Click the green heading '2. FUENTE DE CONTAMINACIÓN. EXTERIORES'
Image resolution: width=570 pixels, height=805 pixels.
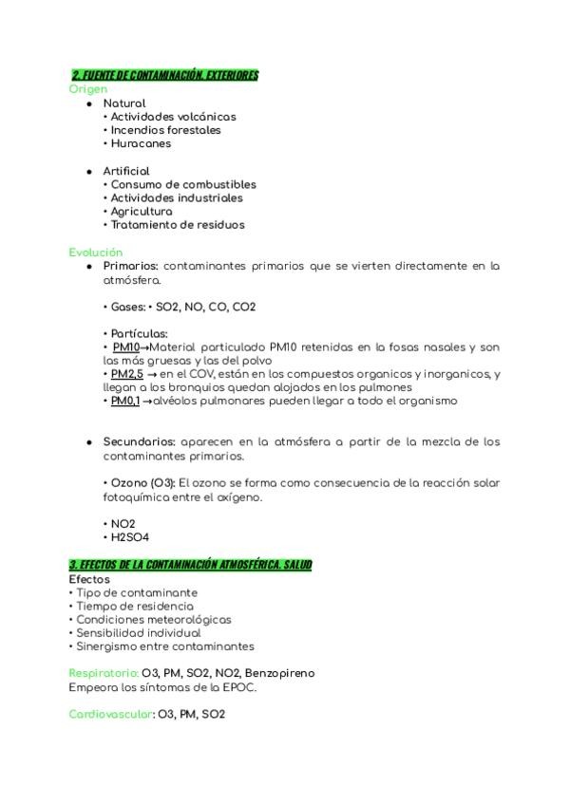(x=165, y=76)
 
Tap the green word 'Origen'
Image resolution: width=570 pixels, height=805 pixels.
(x=87, y=89)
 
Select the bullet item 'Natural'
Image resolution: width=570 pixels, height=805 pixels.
(x=124, y=103)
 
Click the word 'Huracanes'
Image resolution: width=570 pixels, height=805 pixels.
(x=141, y=144)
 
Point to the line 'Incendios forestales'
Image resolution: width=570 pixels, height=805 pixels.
(x=165, y=130)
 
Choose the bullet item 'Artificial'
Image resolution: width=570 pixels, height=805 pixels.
(x=126, y=171)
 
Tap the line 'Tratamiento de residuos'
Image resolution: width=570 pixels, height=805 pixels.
(x=178, y=225)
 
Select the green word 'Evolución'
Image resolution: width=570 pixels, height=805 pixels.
(x=96, y=253)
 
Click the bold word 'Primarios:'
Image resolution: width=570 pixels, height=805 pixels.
(x=130, y=267)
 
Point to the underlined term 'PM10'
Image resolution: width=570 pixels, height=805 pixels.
(x=125, y=347)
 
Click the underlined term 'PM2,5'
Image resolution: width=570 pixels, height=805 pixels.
(x=126, y=374)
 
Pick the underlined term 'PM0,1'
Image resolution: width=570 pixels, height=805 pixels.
(x=124, y=401)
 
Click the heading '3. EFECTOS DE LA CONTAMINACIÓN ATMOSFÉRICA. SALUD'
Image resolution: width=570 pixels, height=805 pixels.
(x=190, y=565)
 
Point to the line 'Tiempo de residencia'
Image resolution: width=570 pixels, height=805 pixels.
(x=135, y=606)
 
